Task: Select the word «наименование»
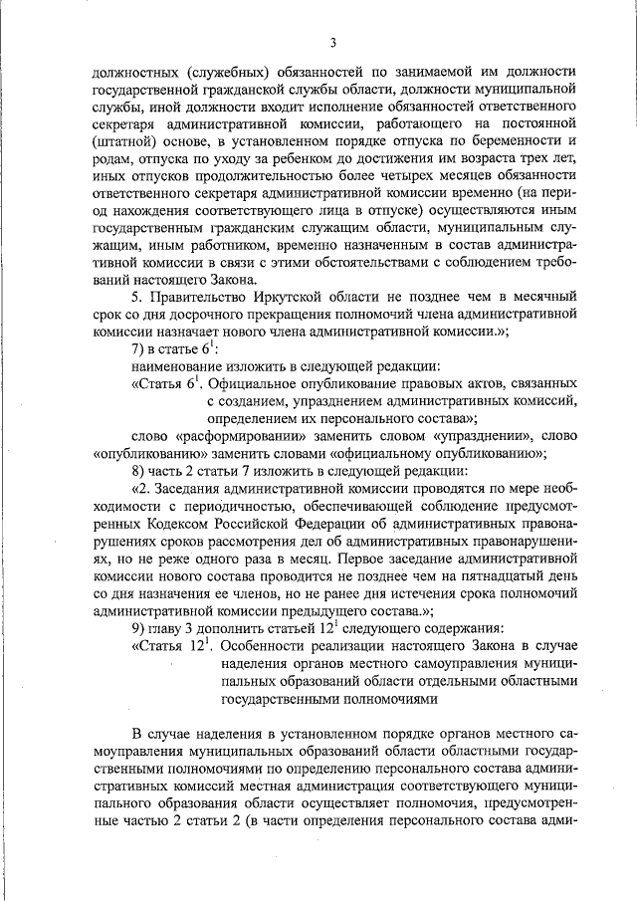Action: [x=178, y=371]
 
